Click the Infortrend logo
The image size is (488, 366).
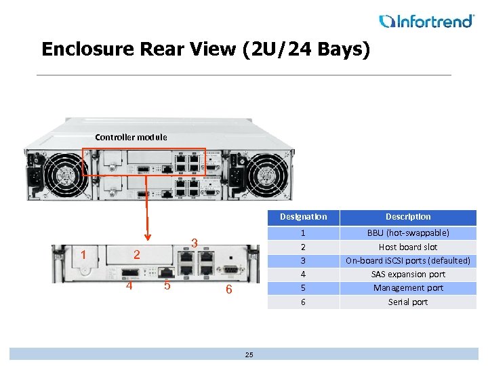coord(426,21)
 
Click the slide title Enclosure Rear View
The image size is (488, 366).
coord(205,49)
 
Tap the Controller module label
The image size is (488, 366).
coord(131,137)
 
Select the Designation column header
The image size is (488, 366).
coord(303,217)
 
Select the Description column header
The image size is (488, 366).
coord(408,217)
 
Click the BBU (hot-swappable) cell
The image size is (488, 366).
coord(408,233)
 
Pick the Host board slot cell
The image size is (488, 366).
coord(408,247)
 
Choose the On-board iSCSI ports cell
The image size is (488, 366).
coord(408,261)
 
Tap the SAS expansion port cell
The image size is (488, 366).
coord(408,274)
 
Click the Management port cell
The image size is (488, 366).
coord(408,288)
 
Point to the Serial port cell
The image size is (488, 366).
coord(408,302)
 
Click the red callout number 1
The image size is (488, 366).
coord(83,255)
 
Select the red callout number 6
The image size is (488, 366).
coord(229,289)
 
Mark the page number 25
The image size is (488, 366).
coord(249,354)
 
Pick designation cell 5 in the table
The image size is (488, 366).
coord(303,288)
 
